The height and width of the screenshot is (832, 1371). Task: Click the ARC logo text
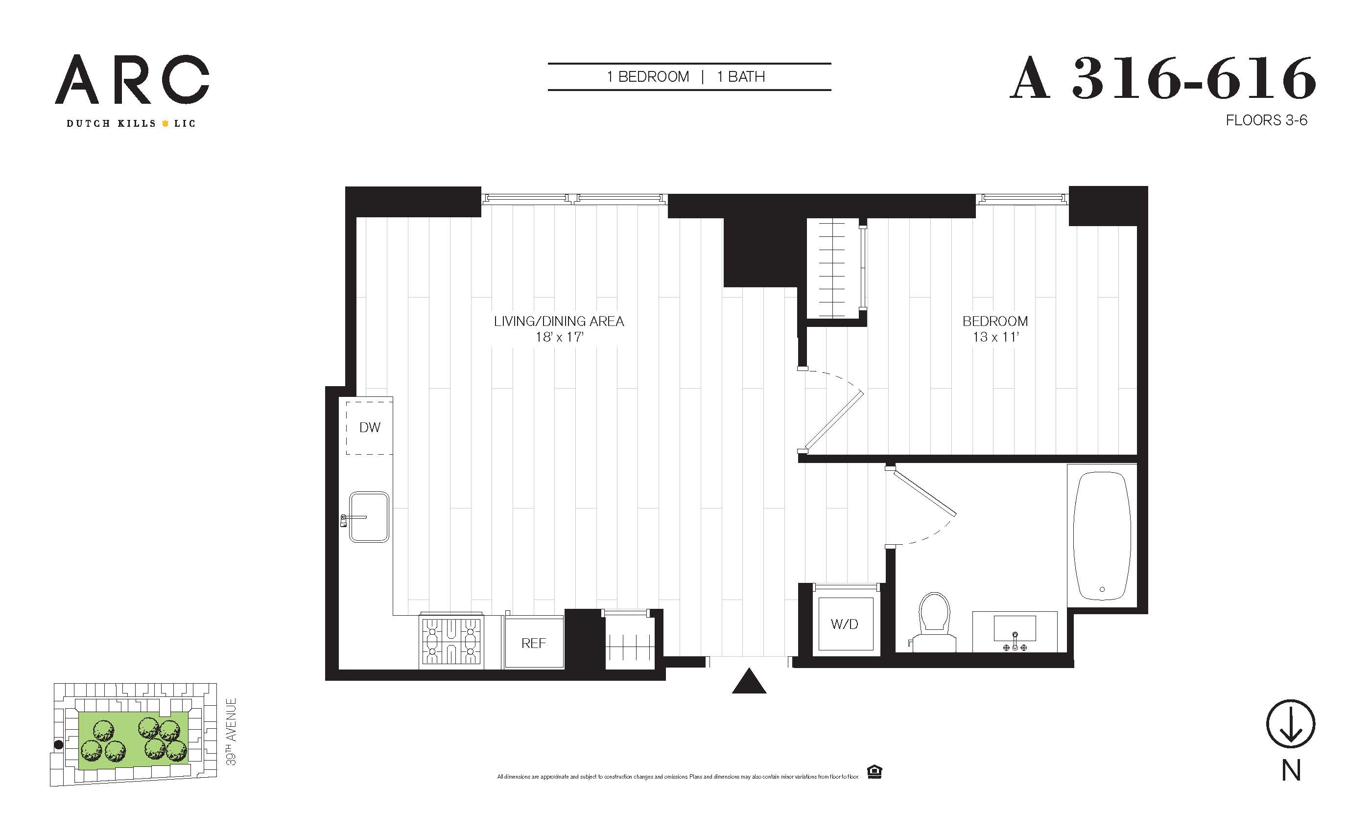(132, 79)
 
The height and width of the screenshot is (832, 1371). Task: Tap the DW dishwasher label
(370, 427)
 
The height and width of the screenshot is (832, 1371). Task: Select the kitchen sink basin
(369, 517)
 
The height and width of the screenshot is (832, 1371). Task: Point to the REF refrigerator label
(534, 644)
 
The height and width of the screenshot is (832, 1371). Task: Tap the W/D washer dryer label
(844, 624)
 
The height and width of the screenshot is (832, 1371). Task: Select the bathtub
(1102, 535)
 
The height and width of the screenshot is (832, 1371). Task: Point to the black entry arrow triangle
(749, 681)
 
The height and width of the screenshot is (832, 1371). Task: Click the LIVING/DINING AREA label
(559, 322)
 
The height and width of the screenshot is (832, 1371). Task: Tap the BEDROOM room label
(995, 322)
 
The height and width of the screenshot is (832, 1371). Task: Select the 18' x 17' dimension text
(559, 337)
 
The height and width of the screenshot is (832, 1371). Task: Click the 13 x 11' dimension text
(995, 337)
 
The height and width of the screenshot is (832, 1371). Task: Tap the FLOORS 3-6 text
(1266, 120)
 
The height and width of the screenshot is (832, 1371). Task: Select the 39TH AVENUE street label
(231, 732)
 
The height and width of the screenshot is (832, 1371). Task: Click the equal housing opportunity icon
(875, 772)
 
